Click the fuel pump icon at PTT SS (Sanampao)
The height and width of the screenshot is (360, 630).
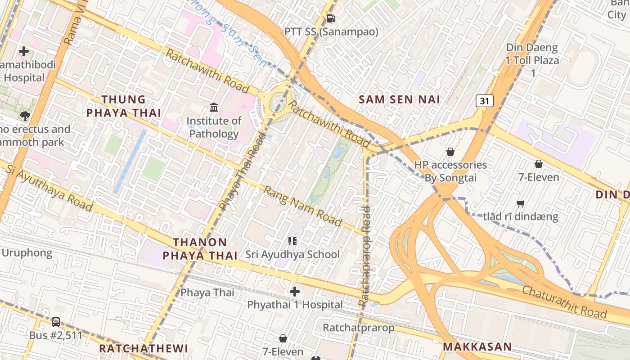point(331,18)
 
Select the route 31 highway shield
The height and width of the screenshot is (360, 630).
point(484,101)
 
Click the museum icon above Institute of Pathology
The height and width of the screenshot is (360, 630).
point(214,108)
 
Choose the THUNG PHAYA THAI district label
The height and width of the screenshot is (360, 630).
point(123,106)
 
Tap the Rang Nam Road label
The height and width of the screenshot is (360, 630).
point(302,206)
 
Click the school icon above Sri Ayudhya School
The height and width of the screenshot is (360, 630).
point(292,241)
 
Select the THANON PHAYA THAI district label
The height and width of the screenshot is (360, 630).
point(200,249)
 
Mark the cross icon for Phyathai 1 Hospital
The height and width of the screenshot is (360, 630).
point(295,292)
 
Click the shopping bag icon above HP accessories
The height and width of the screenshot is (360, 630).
point(450,152)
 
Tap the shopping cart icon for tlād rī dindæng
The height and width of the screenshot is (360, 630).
point(521,203)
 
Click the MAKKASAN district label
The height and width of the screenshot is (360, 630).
point(477,346)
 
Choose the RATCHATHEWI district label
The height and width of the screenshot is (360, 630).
point(144,348)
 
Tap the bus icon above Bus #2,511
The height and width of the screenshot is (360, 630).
point(56,322)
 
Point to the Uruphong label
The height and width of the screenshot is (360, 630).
point(27,253)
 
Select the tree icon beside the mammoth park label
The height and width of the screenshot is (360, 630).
point(25,116)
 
